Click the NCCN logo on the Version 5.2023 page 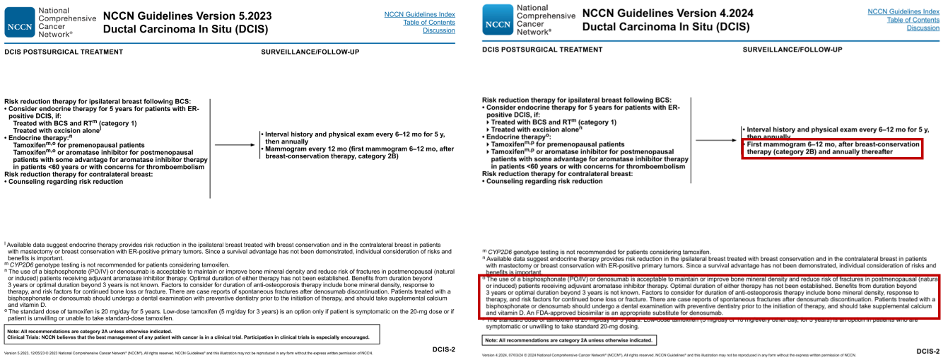tap(18, 22)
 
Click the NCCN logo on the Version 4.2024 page tap(497, 22)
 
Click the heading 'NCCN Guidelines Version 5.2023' tap(187, 15)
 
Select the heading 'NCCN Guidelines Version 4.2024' tap(667, 13)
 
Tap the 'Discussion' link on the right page tap(923, 28)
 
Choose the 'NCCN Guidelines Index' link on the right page tap(903, 11)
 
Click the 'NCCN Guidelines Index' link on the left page tap(419, 13)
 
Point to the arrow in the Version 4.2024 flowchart tap(718, 141)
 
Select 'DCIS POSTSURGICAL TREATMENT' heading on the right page tap(542, 50)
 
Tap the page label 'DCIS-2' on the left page tap(443, 349)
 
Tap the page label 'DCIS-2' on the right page tap(927, 351)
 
